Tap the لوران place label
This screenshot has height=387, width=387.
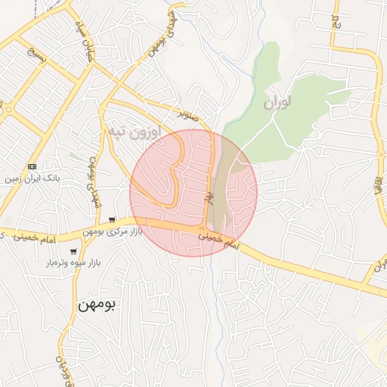pyautogui.click(x=279, y=102)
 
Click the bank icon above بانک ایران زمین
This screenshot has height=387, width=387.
pyautogui.click(x=32, y=166)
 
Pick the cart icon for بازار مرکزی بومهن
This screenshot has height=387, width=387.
pyautogui.click(x=113, y=219)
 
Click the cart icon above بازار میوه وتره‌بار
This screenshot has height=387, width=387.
pyautogui.click(x=73, y=252)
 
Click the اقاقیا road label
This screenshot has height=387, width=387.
pyautogui.click(x=375, y=184)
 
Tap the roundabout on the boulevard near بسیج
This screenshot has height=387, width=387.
pyautogui.click(x=7, y=107)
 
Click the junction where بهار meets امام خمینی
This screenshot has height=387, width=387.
pyautogui.click(x=204, y=228)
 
